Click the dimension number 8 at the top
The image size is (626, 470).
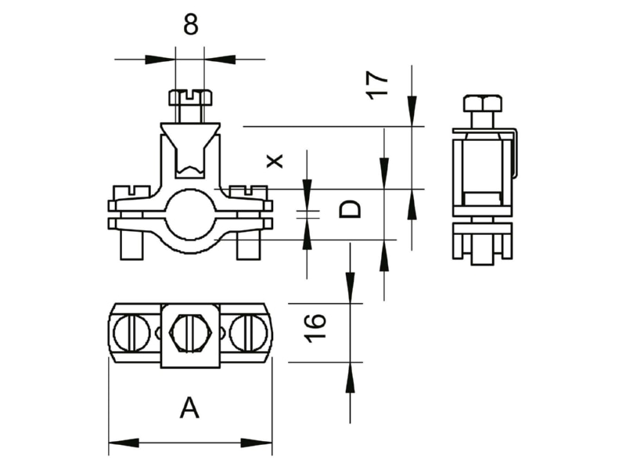tap(190, 25)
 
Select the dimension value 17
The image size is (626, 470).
tap(377, 85)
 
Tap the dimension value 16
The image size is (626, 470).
tap(315, 328)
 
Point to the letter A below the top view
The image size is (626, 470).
tap(189, 407)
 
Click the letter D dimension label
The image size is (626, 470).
tap(350, 209)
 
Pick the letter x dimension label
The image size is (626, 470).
tap(275, 161)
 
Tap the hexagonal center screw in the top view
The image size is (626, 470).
tap(190, 333)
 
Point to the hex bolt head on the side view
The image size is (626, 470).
tap(482, 103)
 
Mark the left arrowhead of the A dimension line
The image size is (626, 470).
tap(124, 443)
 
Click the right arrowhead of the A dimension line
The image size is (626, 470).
tap(257, 443)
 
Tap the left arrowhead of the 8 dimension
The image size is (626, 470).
tap(160, 60)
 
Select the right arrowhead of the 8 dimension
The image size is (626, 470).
tap(219, 60)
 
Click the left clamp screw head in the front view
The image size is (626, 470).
tap(132, 192)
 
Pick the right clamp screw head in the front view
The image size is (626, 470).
tap(248, 192)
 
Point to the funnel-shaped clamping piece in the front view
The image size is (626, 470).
tap(190, 150)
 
